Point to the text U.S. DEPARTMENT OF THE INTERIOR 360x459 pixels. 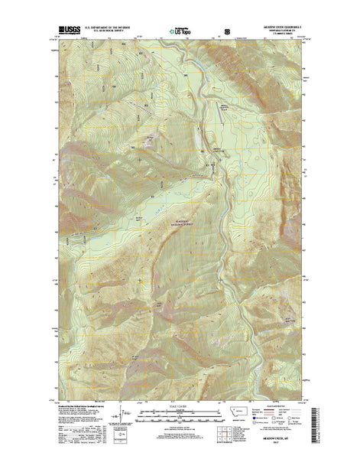[x=115, y=31]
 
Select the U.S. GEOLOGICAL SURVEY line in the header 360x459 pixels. [x=115, y=34]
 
